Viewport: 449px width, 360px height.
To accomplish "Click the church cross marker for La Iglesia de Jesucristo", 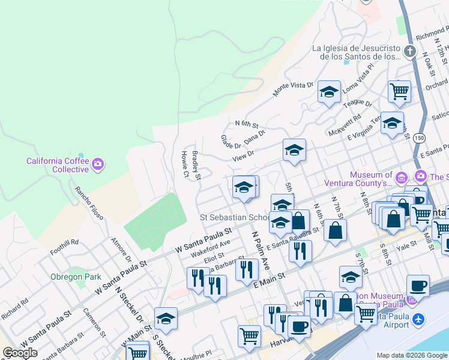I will point(410,50).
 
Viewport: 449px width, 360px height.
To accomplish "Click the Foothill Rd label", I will point(65,242).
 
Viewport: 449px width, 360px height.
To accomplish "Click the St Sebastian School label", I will point(235,217).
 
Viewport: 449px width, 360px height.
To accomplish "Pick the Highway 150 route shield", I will point(418,138).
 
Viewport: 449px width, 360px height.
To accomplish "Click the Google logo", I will point(20,353).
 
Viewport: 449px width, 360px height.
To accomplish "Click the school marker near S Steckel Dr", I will point(166,319).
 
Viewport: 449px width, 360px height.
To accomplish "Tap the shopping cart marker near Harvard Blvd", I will point(249,336).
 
